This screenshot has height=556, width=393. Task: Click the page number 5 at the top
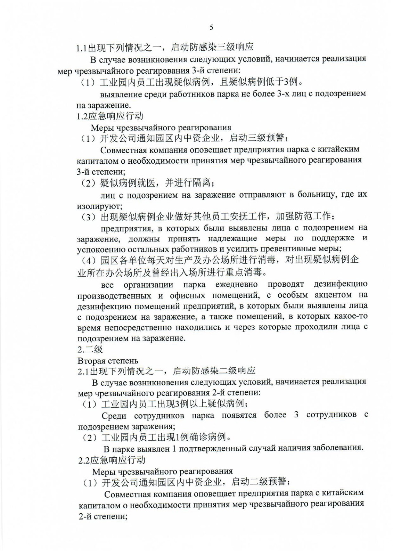pos(211,27)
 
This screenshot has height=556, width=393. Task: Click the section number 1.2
pos(82,116)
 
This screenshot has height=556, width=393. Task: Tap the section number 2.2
pos(84,460)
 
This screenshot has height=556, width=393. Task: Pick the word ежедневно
pos(236,285)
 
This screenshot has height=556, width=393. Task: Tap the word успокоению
pos(98,250)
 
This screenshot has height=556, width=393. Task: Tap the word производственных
pos(114,296)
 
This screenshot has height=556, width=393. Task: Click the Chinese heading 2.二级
pos(90,349)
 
